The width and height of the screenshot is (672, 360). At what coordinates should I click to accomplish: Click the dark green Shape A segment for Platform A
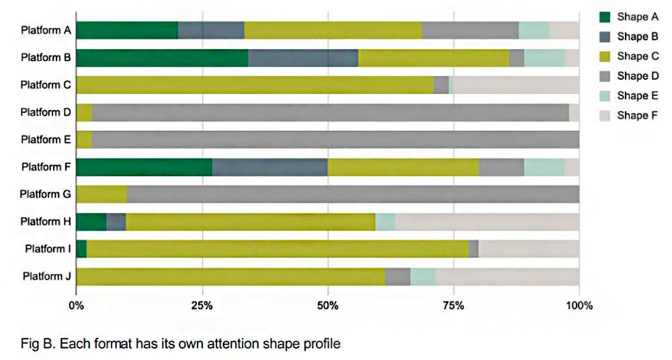127,30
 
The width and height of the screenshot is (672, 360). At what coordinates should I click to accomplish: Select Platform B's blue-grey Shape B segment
303,58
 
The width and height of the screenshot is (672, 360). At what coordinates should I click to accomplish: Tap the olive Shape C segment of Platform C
255,85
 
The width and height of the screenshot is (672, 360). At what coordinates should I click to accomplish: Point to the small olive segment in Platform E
84,140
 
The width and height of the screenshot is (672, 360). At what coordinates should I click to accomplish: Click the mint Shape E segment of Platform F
544,167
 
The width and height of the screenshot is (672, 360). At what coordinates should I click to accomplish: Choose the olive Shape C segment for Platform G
101,194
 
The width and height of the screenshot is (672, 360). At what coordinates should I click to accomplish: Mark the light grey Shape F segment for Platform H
487,222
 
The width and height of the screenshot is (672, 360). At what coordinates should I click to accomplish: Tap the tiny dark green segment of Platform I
81,249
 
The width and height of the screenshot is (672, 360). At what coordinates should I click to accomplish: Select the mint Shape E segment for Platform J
423,276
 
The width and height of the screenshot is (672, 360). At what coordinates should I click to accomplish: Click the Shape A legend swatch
603,17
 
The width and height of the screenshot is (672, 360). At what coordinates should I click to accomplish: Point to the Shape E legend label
633,95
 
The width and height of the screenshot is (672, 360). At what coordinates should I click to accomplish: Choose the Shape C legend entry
633,56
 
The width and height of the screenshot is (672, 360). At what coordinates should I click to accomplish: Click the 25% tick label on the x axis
202,306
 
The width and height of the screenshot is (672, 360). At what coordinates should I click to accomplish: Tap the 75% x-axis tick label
454,306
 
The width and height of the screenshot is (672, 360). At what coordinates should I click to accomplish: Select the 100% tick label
579,306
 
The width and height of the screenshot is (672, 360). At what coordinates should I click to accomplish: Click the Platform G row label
45,194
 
